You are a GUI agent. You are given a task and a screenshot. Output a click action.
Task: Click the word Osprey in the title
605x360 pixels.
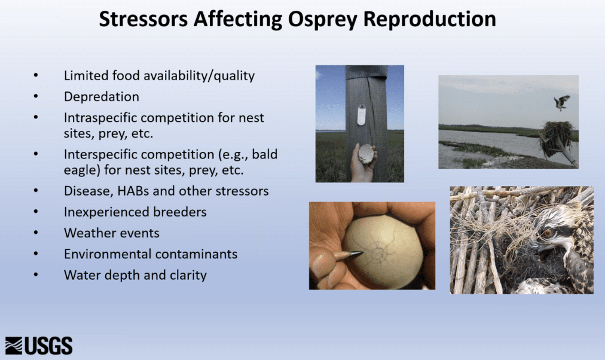point(323,19)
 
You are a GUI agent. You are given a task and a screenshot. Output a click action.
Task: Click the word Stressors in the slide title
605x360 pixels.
point(143,19)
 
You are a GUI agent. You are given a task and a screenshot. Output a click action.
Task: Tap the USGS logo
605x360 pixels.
point(39,345)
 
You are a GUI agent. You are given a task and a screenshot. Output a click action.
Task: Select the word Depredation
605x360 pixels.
point(102,96)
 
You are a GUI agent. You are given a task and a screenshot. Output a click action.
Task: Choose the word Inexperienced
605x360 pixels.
point(107,212)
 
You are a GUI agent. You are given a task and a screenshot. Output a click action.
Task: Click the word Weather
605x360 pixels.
point(87,233)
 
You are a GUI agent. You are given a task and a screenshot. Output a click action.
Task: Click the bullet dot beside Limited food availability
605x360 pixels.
point(36,75)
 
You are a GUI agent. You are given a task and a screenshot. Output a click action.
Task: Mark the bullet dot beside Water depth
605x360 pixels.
point(36,274)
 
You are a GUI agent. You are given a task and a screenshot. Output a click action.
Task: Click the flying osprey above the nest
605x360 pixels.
point(561,103)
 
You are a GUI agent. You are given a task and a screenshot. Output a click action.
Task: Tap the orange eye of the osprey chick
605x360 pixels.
point(548,232)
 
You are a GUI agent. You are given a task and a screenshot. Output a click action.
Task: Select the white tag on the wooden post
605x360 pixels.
point(361,115)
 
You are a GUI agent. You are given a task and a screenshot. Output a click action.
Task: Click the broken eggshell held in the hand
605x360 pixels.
point(366,154)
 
